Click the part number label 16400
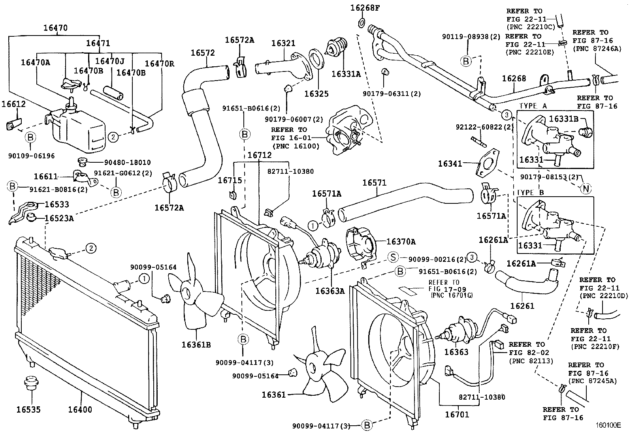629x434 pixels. (79, 410)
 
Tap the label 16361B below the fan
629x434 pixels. (196, 345)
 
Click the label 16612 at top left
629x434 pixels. (13, 104)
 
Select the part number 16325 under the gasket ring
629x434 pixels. (316, 94)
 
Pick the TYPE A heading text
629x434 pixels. (533, 106)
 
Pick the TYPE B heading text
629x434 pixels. (531, 192)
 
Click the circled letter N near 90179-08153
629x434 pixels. (586, 189)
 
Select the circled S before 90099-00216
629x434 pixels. (393, 257)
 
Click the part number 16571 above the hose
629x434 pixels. (374, 183)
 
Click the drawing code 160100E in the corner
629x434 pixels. (608, 426)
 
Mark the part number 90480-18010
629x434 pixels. (122, 162)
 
